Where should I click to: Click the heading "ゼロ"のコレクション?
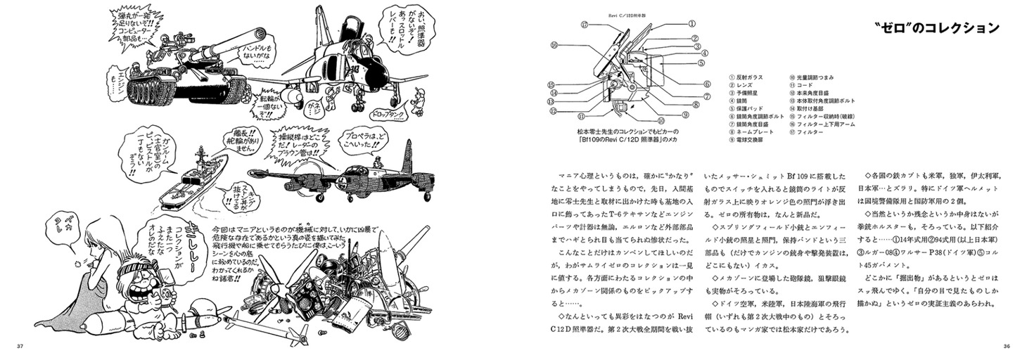point(933,29)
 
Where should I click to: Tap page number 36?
point(1005,346)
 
